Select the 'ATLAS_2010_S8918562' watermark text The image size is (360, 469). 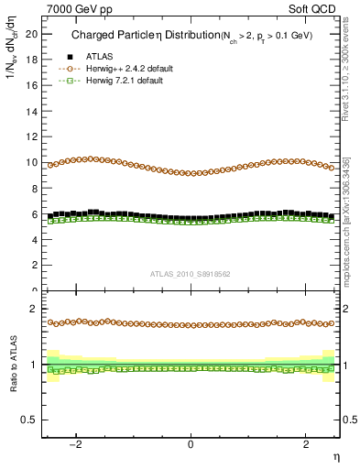click(x=191, y=273)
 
